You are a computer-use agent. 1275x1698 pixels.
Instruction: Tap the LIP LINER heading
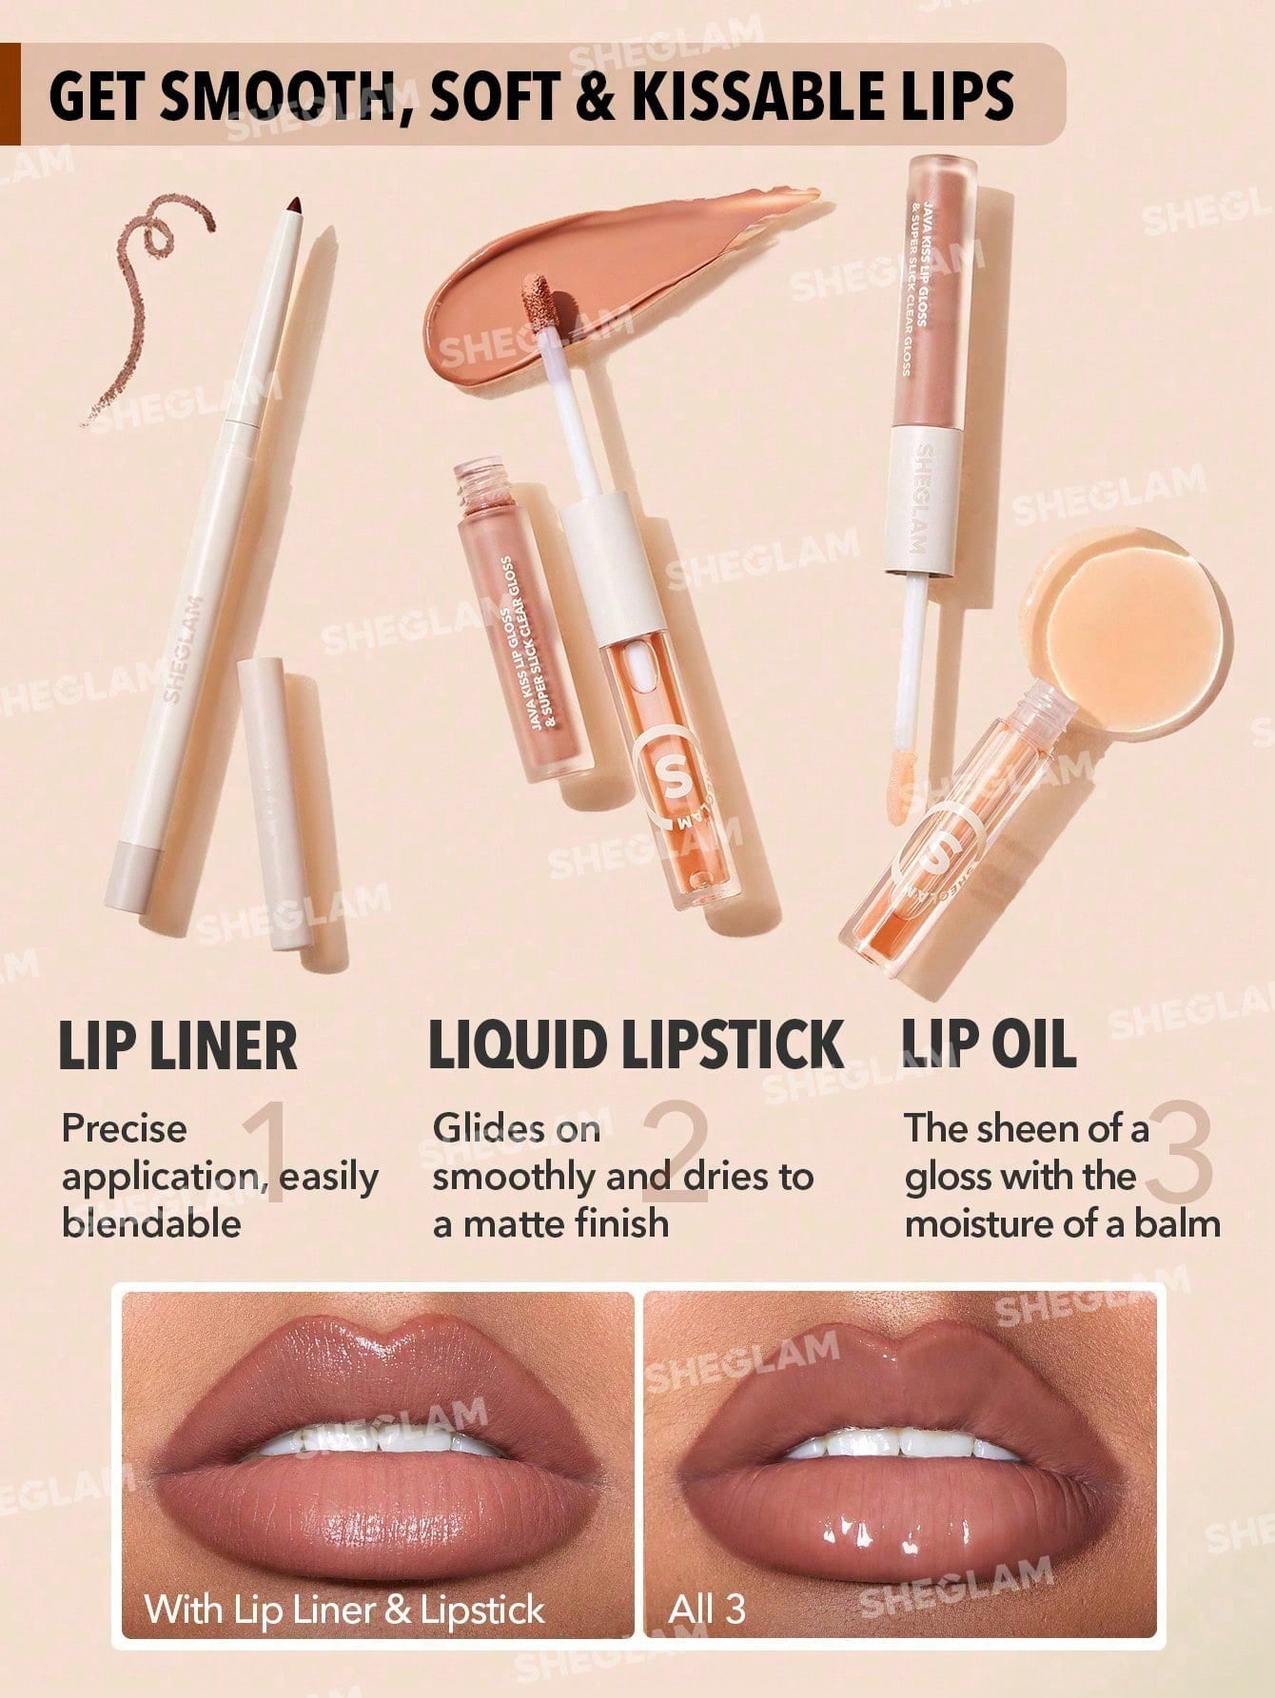point(178,1045)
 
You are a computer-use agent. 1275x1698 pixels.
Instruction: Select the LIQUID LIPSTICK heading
point(636,1044)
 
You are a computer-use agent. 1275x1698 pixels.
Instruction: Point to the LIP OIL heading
point(989,1044)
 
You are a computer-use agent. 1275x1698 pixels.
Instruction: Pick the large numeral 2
point(676,1153)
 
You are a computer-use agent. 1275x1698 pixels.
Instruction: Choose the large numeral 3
point(1180,1153)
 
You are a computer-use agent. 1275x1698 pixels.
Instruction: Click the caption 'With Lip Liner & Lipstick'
point(344,1610)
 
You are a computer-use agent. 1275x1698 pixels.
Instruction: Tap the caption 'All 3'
point(707,1610)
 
